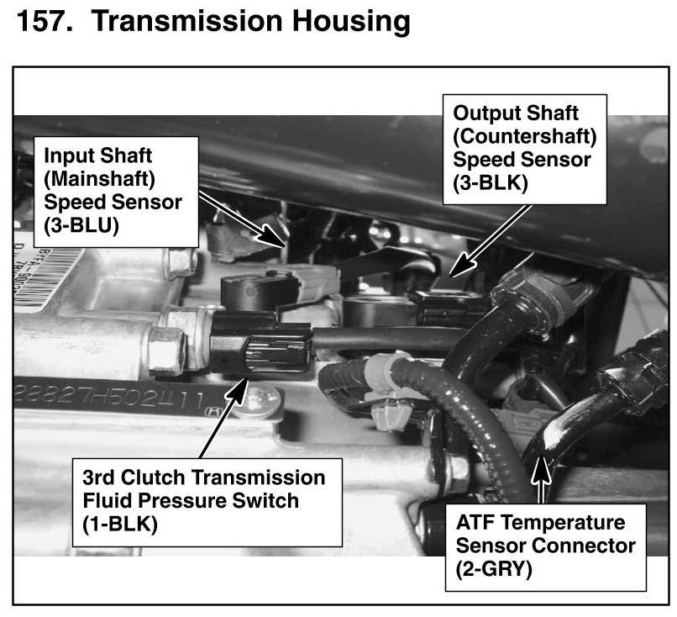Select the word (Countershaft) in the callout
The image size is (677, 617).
tap(524, 134)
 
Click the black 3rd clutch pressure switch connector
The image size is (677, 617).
tap(260, 345)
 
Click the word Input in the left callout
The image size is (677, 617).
tap(67, 157)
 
